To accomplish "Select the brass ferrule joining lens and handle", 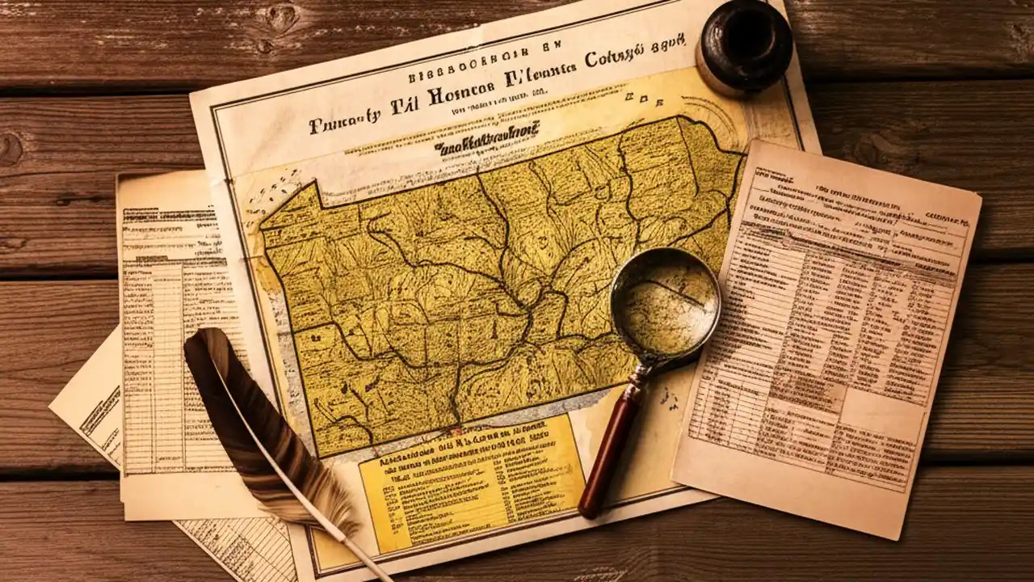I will [641, 373].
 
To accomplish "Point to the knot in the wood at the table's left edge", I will [10, 150].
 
